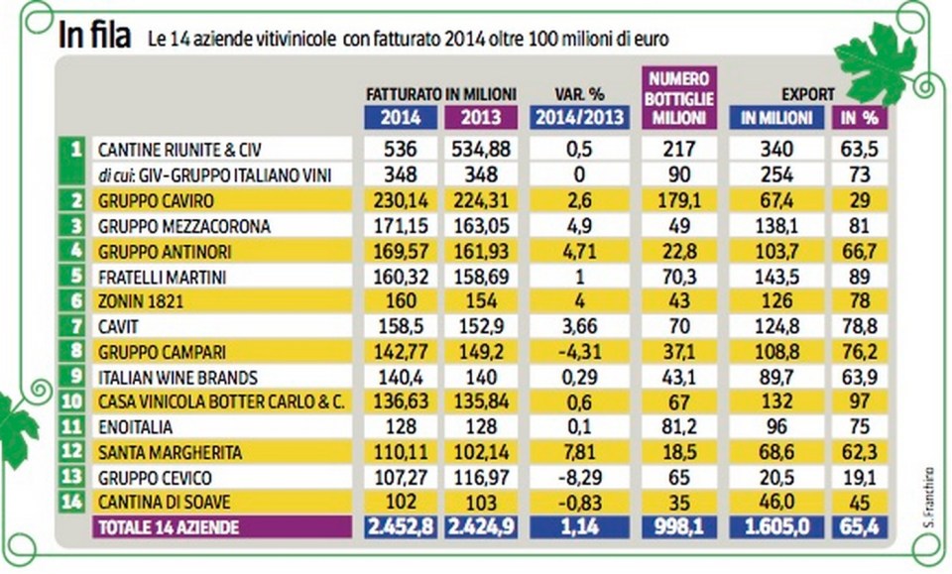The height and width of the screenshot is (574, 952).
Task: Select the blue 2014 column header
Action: tap(400, 117)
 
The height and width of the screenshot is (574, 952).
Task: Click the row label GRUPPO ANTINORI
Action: tap(155, 252)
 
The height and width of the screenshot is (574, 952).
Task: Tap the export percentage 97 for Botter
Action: tap(860, 401)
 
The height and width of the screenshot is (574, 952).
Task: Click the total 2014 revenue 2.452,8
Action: tap(400, 527)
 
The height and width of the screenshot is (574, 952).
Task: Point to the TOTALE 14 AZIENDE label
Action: tap(168, 527)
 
